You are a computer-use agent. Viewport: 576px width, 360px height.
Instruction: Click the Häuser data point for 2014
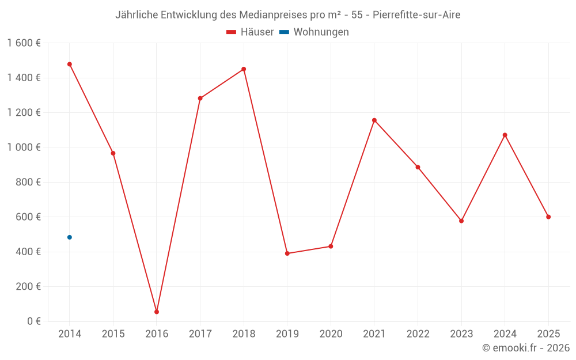(x=70, y=65)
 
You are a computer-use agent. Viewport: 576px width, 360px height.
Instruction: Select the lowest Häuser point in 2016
(x=157, y=312)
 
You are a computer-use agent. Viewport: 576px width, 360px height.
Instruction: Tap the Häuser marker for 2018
(x=244, y=69)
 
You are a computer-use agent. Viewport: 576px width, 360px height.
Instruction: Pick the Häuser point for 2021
(x=374, y=120)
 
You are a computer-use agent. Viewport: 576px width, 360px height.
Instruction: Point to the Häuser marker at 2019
(x=287, y=253)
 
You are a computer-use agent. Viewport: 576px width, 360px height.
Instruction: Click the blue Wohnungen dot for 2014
(x=70, y=237)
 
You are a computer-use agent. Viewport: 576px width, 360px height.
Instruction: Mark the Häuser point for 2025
(x=548, y=217)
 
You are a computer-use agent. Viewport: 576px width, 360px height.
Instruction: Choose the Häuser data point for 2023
(x=461, y=221)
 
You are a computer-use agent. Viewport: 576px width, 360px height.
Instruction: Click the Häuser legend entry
(x=250, y=32)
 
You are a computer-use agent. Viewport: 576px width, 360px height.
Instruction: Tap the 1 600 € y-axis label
(x=24, y=43)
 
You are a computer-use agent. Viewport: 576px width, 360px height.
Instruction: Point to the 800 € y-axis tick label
(x=28, y=182)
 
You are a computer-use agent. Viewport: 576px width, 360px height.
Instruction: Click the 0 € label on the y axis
(x=33, y=321)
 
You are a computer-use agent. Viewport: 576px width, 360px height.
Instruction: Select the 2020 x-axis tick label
(x=331, y=334)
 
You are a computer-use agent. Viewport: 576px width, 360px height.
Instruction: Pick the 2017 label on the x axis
(x=200, y=334)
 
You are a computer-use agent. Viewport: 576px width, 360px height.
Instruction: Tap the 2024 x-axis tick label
(x=505, y=334)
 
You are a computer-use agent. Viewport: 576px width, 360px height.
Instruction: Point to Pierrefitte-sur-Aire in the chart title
(x=416, y=15)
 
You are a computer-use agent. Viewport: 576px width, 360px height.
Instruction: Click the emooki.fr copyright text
(x=526, y=348)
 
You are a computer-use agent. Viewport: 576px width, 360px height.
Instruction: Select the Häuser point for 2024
(x=505, y=135)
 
